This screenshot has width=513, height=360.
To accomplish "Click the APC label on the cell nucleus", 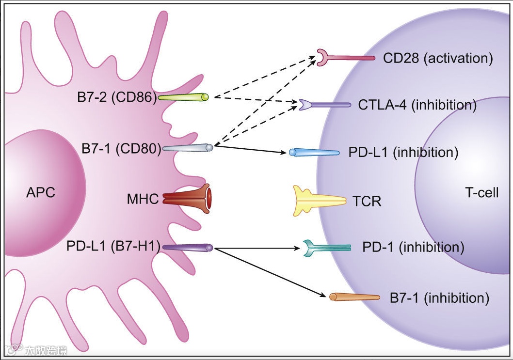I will [41, 193].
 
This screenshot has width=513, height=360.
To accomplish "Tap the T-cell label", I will [482, 193].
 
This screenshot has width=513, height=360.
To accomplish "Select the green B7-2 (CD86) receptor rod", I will [184, 97].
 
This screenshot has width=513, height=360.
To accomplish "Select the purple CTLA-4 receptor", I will [324, 105].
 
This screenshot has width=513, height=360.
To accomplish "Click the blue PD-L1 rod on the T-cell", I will [314, 152].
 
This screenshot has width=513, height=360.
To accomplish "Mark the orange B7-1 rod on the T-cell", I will [354, 297].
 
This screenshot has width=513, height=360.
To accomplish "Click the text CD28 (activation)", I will [438, 58].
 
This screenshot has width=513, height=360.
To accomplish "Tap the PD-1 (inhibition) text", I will [413, 248].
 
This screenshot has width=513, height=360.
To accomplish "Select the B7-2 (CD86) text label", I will [117, 97].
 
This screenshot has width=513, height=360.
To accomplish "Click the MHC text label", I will [143, 199].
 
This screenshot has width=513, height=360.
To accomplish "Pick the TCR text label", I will [367, 201].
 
